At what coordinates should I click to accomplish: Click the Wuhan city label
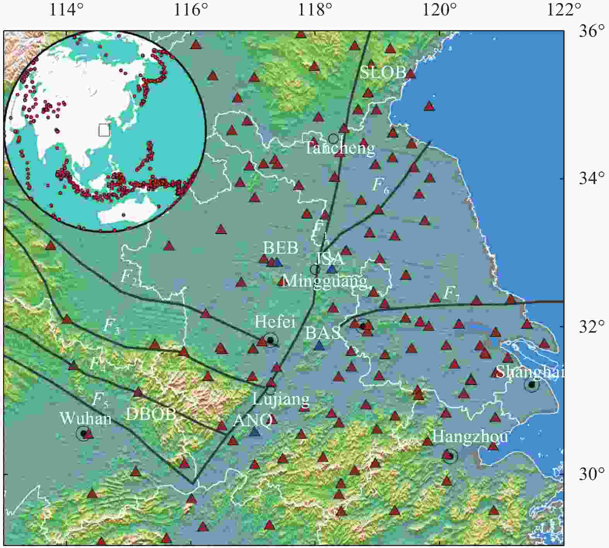pos(85,418)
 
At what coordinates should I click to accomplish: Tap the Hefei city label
pos(275,322)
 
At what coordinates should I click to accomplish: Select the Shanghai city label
pos(529,372)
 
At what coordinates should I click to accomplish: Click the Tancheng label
pos(340,148)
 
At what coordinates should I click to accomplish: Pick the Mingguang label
pos(324,281)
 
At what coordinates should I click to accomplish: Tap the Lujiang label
pos(281,399)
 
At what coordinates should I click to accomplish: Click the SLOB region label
pos(383,73)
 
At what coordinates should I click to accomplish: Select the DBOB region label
pos(151,415)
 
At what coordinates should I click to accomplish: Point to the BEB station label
pos(281,248)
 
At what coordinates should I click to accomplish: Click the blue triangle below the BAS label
pos(319,346)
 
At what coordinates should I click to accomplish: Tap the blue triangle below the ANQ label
pos(254,432)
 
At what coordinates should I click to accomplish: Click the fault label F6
pos(380,185)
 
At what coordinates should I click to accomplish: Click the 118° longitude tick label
pos(316,10)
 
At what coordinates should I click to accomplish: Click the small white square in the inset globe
pos(104,130)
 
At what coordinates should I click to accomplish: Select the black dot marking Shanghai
pos(532,385)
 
